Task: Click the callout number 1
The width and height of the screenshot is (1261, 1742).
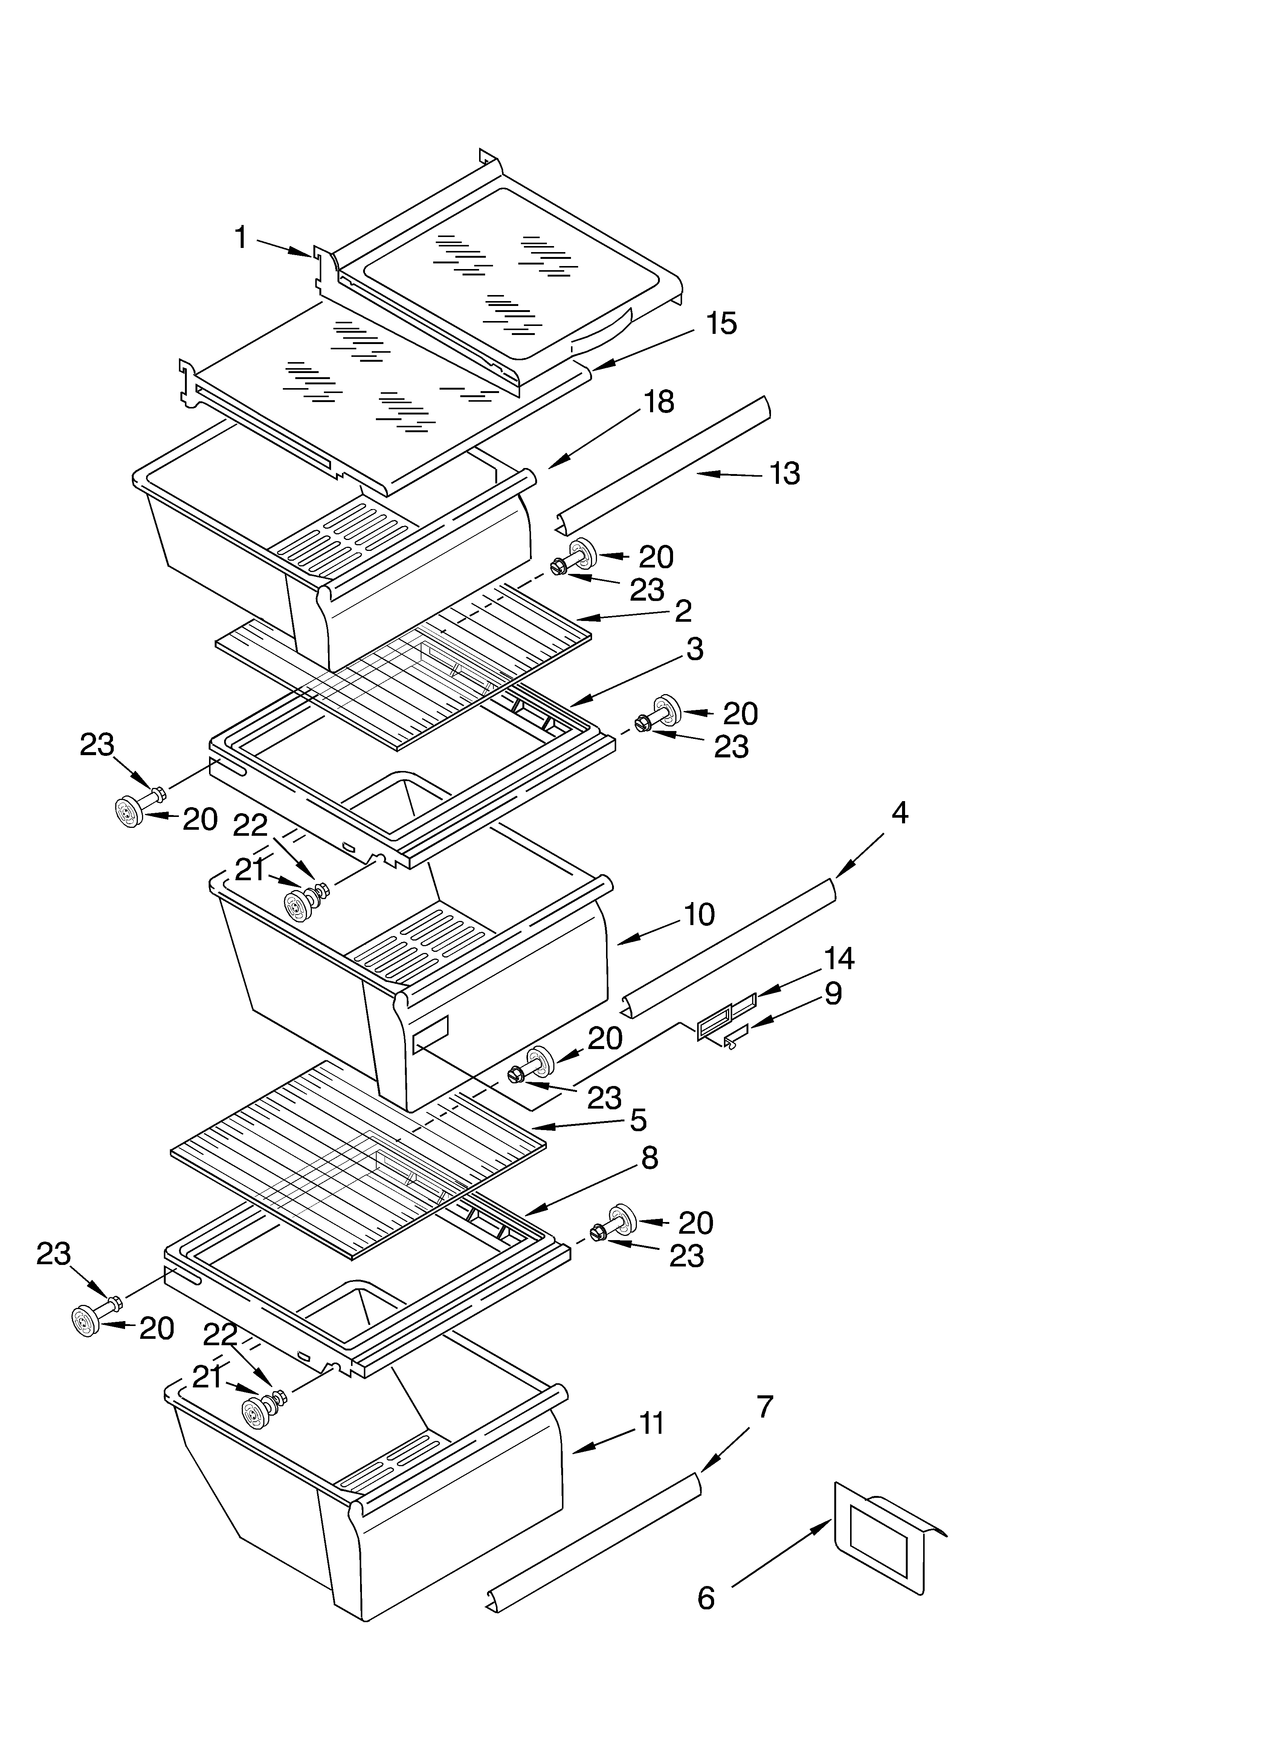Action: tap(240, 238)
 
